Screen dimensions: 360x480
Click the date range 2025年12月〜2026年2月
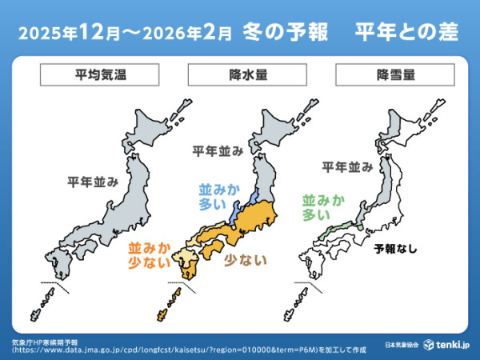coord(126,34)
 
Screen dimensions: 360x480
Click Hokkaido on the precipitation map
coord(279,128)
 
